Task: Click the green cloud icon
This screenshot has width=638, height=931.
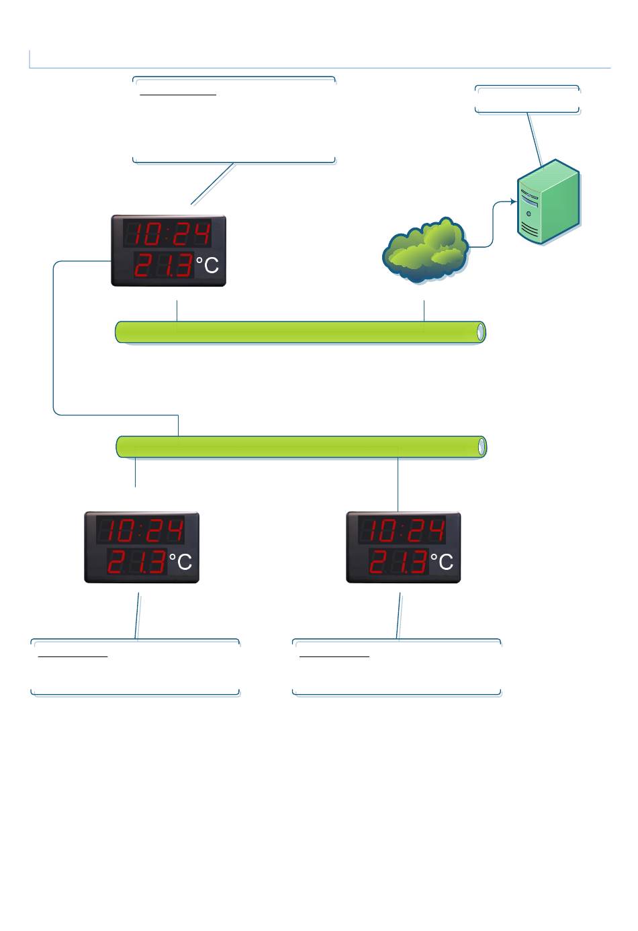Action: pos(426,249)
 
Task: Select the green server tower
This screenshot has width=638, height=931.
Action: pos(547,201)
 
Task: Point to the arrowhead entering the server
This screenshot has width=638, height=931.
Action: pos(512,201)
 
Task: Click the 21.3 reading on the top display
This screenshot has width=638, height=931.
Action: pos(163,266)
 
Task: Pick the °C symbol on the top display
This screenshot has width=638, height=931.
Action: pos(208,266)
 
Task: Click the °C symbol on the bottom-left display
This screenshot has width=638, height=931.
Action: pos(181,562)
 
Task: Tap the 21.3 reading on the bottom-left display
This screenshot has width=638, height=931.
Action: pos(136,562)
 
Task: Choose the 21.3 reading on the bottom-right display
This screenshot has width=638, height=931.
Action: pos(398,562)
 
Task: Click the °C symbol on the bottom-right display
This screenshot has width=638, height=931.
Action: pos(443,562)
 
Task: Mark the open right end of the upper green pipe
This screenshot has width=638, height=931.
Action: pos(480,332)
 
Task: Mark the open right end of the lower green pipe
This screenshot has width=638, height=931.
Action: pos(481,446)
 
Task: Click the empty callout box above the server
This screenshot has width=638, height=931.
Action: pos(527,99)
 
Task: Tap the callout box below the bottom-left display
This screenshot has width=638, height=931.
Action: pos(136,667)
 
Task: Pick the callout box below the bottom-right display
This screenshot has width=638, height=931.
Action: pos(397,667)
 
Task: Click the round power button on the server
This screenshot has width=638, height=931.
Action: pos(529,214)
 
